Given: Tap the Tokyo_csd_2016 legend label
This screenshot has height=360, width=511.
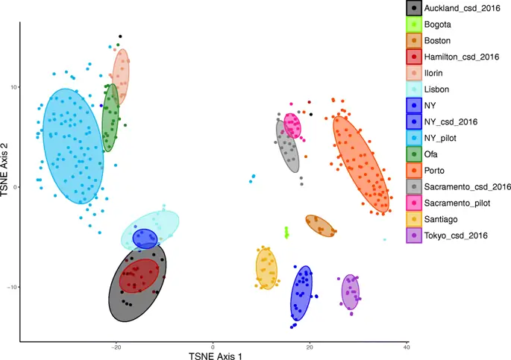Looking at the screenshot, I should pyautogui.click(x=457, y=236).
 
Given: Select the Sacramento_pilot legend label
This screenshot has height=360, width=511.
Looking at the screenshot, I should pyautogui.click(x=460, y=203).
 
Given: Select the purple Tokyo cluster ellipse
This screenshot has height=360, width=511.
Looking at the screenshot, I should pyautogui.click(x=351, y=291).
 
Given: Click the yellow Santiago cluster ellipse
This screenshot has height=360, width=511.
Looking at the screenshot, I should pyautogui.click(x=266, y=268).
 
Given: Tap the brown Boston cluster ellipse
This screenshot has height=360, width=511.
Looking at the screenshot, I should pyautogui.click(x=319, y=226).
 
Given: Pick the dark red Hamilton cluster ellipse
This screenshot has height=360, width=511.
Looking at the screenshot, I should pyautogui.click(x=139, y=275).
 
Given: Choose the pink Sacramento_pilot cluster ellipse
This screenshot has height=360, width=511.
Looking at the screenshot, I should pyautogui.click(x=293, y=125).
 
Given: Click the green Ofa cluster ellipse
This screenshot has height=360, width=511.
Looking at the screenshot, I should pyautogui.click(x=110, y=118).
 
